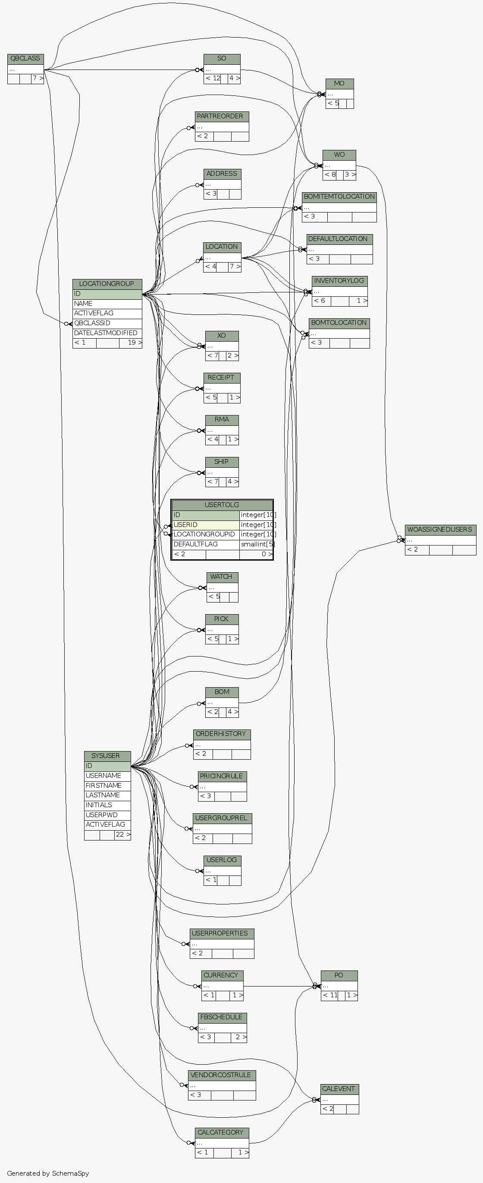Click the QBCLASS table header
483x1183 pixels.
25,59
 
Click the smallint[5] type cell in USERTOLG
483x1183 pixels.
257,544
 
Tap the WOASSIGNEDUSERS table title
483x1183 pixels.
440,530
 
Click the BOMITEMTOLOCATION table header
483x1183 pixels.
339,197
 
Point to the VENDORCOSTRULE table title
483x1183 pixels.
222,1075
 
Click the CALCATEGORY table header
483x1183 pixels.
222,1132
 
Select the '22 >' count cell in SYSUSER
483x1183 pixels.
122,834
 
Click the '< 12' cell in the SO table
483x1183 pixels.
213,79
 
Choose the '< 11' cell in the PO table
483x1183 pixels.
330,996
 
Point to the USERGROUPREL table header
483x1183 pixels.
222,818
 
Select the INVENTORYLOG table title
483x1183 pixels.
339,281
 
